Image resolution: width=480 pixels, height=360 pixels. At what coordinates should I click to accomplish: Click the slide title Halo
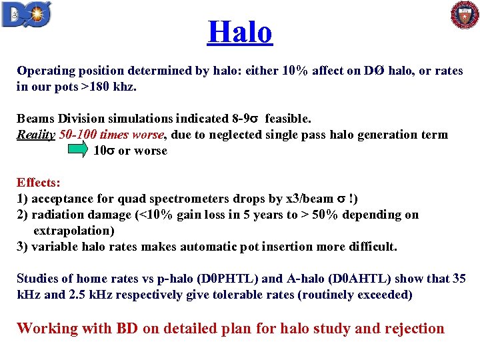[240, 31]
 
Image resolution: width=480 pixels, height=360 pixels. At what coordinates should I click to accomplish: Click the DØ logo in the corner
[27, 15]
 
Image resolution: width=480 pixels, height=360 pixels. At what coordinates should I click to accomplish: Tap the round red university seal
[465, 15]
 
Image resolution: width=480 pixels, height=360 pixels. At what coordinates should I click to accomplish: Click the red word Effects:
[39, 183]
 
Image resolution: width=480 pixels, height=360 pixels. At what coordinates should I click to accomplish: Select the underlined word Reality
[36, 135]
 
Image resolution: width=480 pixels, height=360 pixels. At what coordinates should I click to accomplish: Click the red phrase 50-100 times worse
[111, 135]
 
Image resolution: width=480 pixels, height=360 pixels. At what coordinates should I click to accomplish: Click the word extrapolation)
[74, 231]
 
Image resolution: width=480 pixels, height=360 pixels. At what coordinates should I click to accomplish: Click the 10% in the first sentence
[294, 71]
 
